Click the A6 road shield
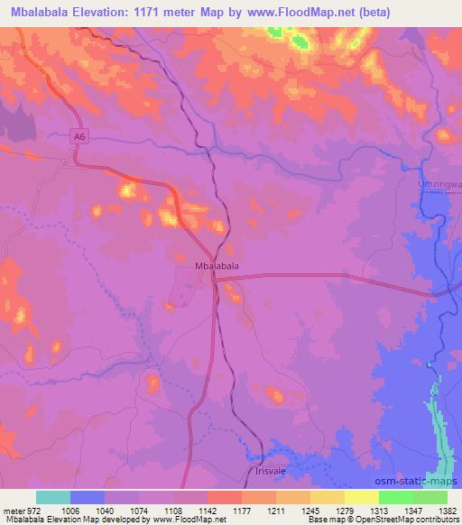(81, 136)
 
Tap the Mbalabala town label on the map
(217, 267)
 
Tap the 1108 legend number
(172, 510)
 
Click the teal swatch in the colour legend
(53, 497)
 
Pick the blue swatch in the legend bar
(88, 497)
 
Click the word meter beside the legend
(12, 510)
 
